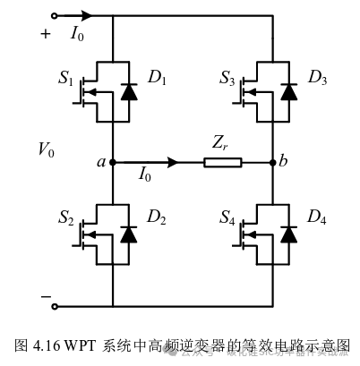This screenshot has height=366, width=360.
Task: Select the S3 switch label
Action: click(x=227, y=79)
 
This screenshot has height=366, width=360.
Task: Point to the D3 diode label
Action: click(x=317, y=79)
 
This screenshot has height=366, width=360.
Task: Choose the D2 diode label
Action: click(x=157, y=218)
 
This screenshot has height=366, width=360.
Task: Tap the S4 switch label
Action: click(x=227, y=218)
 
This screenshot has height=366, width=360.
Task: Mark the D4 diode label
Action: click(x=317, y=218)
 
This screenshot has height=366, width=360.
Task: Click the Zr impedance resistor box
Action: click(x=221, y=163)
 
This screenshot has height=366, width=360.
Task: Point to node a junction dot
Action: click(x=113, y=163)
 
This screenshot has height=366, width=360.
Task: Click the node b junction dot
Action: click(x=273, y=163)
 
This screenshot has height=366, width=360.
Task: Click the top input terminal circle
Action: click(x=56, y=15)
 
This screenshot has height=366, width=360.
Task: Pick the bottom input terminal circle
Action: click(x=56, y=306)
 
